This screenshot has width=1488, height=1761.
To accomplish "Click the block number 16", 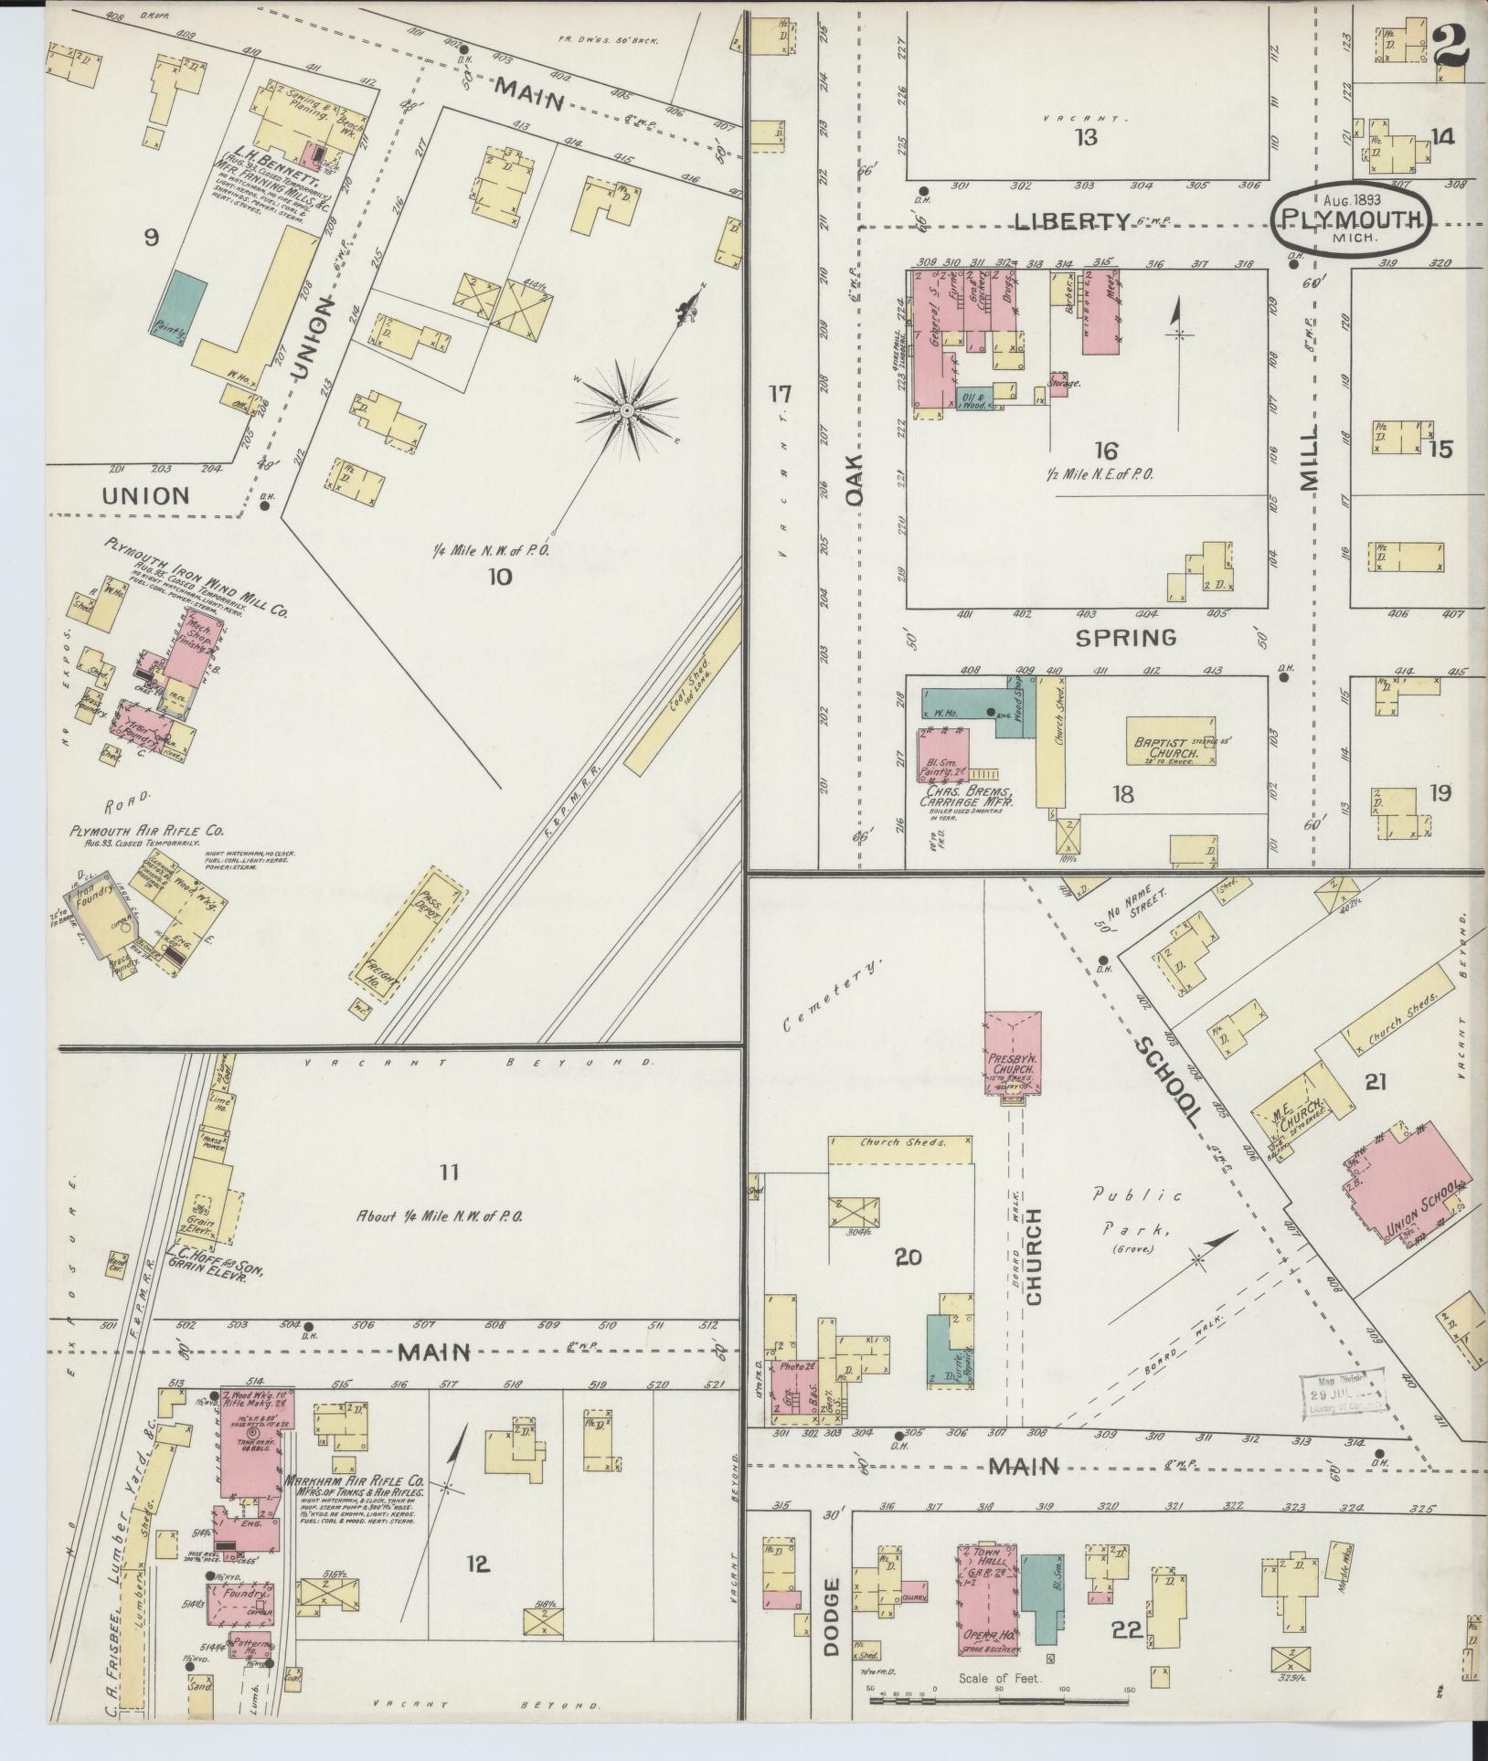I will [1105, 451].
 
